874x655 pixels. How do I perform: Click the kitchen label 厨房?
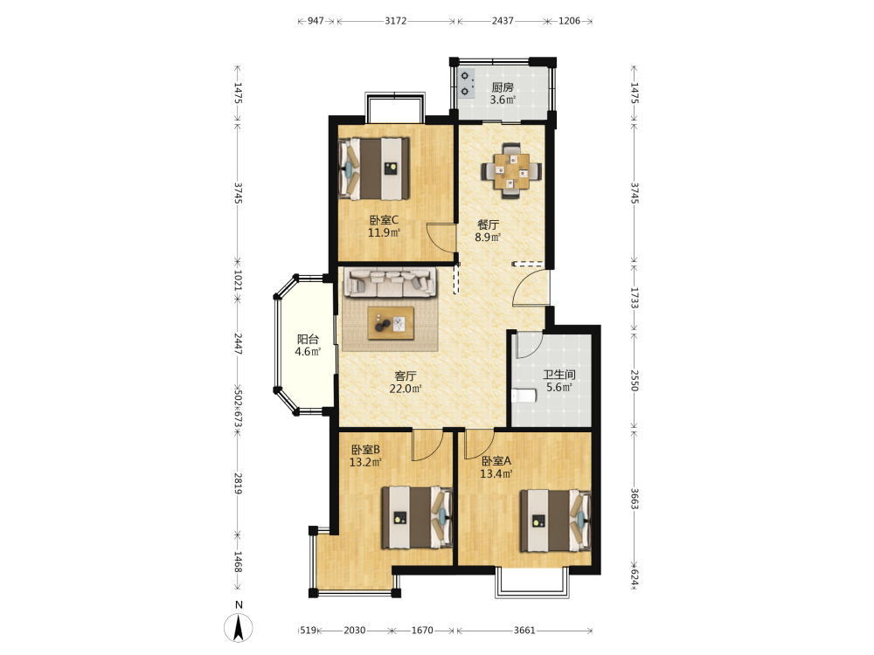[x=503, y=86]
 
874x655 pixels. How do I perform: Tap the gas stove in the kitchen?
[x=466, y=83]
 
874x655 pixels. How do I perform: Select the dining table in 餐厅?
[x=511, y=171]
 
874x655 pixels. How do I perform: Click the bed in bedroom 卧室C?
[x=374, y=169]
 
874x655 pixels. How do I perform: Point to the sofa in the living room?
[x=390, y=282]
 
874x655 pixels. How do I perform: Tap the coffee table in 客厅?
[x=391, y=323]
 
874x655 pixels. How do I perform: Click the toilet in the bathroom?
[x=524, y=395]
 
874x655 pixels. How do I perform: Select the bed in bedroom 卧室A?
[x=556, y=521]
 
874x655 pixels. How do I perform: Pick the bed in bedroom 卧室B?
[x=417, y=517]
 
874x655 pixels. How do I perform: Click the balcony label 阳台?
[x=308, y=339]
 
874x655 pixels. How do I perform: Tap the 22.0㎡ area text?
[x=406, y=389]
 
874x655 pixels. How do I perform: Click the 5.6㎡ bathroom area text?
[x=559, y=387]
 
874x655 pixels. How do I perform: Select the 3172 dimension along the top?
[x=396, y=21]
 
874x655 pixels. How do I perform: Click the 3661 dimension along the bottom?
[x=524, y=630]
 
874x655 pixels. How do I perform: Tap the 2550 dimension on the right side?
[x=635, y=380]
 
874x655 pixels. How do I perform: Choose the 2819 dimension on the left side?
[x=238, y=484]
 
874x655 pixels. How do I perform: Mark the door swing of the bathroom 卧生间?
[x=529, y=345]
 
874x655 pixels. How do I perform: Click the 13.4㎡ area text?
[x=496, y=474]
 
